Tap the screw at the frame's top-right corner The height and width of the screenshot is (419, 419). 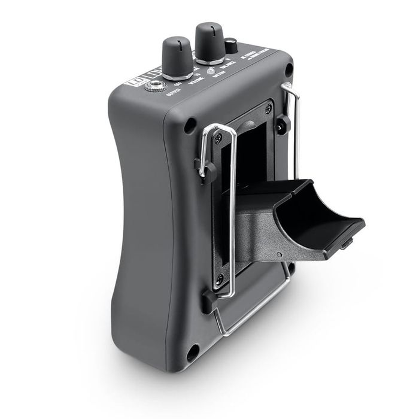tap(268, 108)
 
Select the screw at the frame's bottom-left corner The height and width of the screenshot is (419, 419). tap(220, 279)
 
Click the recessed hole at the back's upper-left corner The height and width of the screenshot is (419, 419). tap(190, 126)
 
